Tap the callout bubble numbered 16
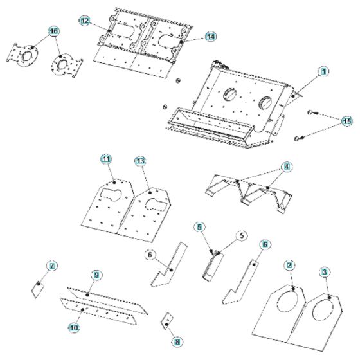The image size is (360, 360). pos(53,31)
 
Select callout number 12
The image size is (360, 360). pos(85,21)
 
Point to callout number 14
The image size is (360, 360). pos(210,37)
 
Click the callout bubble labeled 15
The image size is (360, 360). pos(347,120)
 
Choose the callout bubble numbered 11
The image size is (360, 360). pos(106,158)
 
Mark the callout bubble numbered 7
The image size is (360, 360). pos(53,265)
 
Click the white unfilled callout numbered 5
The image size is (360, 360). pos(242,235)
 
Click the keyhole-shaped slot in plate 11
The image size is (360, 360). pos(111,195)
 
